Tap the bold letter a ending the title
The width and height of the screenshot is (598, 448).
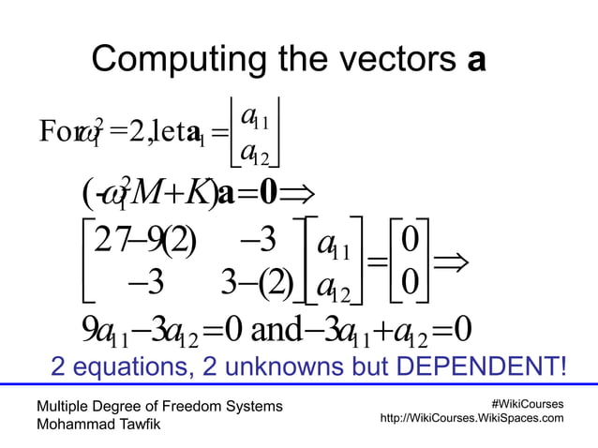pyautogui.click(x=476, y=62)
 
